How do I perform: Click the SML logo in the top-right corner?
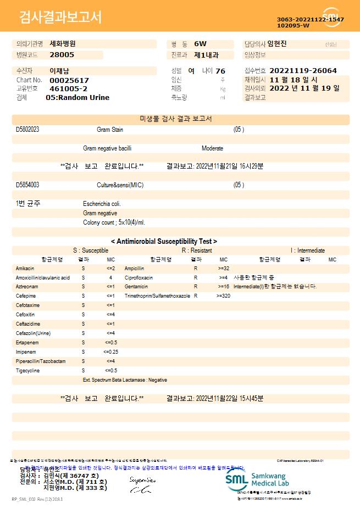[331, 16]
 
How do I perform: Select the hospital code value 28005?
[62, 55]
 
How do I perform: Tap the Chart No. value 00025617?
[69, 80]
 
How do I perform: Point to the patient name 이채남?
[59, 71]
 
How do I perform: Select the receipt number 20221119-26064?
[303, 71]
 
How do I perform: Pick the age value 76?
[220, 71]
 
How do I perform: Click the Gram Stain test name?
[110, 130]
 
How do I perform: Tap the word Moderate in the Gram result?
[212, 148]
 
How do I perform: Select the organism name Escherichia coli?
[102, 204]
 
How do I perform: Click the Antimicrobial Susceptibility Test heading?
[164, 241]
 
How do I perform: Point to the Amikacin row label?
[26, 269]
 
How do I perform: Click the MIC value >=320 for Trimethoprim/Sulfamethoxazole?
[223, 296]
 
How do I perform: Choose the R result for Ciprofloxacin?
[196, 278]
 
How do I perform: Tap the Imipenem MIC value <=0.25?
[110, 351]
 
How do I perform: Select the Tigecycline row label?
[27, 370]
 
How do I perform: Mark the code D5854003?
[27, 185]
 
